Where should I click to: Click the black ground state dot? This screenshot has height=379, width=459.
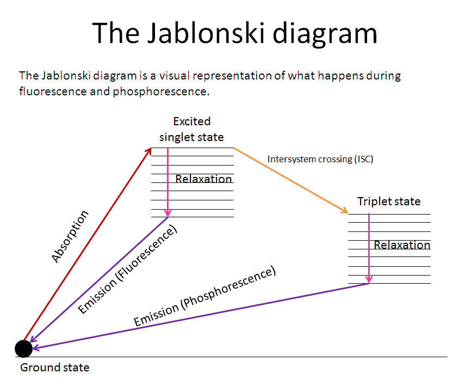[x=23, y=349]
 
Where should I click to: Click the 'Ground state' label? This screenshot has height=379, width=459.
[x=55, y=367]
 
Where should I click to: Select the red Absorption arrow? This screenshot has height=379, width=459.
[x=87, y=244]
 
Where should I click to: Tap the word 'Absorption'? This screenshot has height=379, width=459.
[x=70, y=236]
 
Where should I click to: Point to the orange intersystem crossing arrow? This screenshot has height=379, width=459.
[x=290, y=181]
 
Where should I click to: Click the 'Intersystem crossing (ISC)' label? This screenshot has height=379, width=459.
[x=320, y=159]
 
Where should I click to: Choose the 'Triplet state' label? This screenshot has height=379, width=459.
[x=389, y=201]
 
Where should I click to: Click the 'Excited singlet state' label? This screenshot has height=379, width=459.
[x=192, y=129]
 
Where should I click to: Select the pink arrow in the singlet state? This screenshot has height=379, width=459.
[x=168, y=182]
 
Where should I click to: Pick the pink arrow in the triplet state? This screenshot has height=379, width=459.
[x=369, y=248]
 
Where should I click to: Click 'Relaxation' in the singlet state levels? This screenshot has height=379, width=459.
[x=203, y=179]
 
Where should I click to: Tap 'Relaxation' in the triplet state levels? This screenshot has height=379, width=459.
[x=402, y=245]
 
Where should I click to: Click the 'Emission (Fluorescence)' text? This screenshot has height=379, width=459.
[x=128, y=269]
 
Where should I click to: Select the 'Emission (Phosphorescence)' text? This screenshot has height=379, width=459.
[x=204, y=296]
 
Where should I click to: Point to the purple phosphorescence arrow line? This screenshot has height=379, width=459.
[x=201, y=316]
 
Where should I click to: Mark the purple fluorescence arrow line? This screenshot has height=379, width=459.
[x=98, y=279]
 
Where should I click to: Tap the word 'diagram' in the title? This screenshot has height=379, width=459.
[x=325, y=35]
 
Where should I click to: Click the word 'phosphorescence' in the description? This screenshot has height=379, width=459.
[x=161, y=91]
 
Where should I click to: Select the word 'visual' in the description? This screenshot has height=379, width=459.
[x=175, y=76]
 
